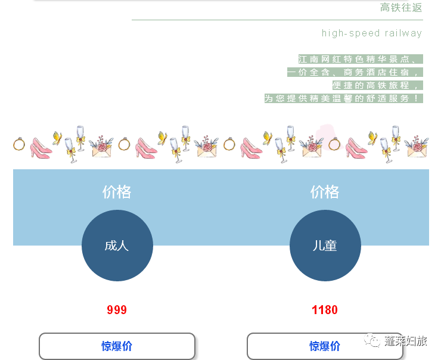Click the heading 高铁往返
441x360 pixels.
click(x=401, y=8)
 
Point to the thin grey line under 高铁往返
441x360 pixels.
click(x=277, y=20)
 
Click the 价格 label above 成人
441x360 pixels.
click(x=117, y=192)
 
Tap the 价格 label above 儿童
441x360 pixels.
click(x=325, y=192)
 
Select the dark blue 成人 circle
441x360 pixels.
click(x=117, y=246)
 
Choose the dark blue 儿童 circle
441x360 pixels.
click(x=325, y=246)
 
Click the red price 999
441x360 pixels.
click(x=117, y=310)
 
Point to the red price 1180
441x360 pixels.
click(x=325, y=310)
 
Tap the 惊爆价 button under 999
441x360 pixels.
click(x=117, y=346)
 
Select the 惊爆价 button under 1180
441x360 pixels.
click(x=325, y=346)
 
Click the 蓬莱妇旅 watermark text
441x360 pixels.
click(x=406, y=341)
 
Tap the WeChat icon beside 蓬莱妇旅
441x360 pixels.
click(x=374, y=341)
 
